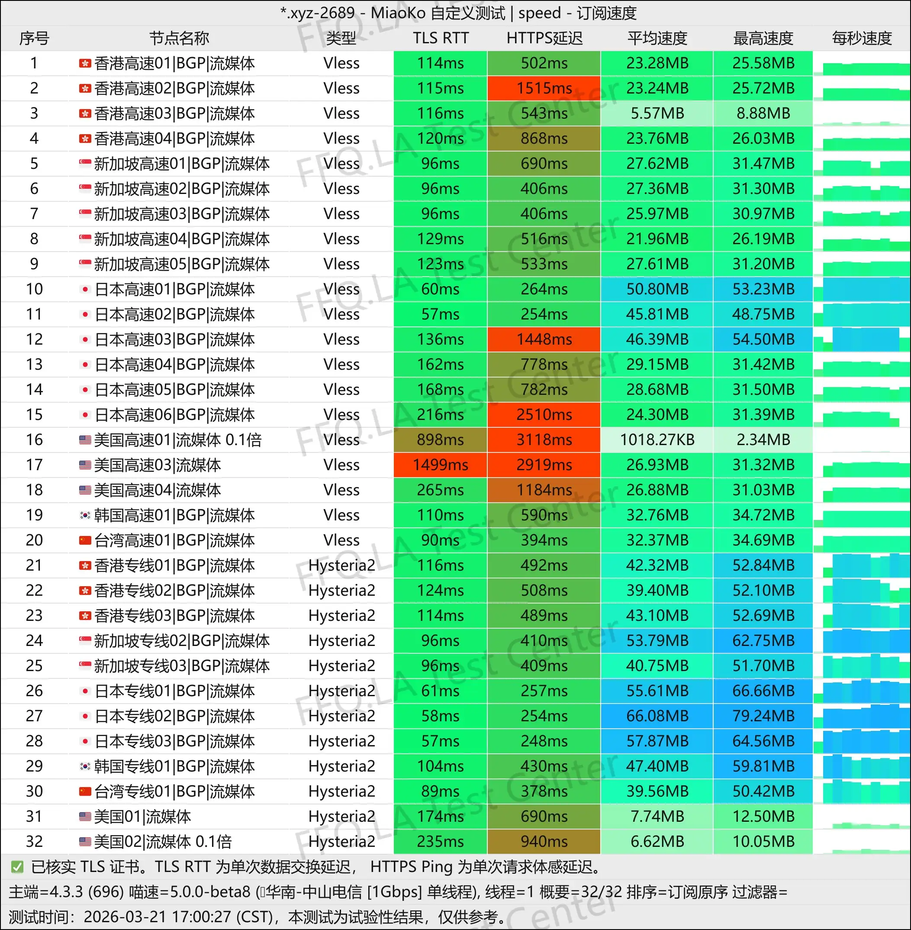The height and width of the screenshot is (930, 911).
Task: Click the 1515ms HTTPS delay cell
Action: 544,88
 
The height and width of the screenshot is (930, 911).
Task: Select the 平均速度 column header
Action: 657,38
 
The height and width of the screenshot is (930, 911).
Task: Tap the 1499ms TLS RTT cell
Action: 440,465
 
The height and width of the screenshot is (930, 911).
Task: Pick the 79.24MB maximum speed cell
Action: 763,716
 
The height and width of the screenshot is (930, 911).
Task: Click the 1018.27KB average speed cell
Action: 657,439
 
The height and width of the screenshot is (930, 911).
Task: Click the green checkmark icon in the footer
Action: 17,866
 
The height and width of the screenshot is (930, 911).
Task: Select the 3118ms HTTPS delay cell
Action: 544,439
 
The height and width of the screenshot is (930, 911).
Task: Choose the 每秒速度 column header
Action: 861,38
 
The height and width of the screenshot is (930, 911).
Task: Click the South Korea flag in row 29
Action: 85,766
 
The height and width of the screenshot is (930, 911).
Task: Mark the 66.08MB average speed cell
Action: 657,716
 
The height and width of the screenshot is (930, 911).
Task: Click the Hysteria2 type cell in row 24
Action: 341,640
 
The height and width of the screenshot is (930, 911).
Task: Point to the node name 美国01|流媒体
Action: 142,816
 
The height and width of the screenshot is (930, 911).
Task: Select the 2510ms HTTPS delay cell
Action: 544,414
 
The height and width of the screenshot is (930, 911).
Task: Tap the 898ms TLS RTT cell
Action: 440,439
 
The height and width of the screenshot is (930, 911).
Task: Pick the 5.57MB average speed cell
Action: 657,113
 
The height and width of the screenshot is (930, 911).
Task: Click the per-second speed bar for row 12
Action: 861,339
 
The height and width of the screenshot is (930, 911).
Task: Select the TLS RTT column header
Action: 440,38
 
